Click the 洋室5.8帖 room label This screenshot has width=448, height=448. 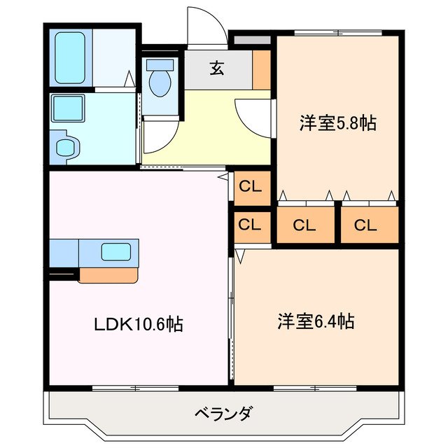point(337,123)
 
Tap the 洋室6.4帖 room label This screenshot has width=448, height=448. point(315,322)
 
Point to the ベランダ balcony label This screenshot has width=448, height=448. point(223,413)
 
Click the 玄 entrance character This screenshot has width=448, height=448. point(218,69)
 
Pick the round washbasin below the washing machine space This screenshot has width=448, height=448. point(66,148)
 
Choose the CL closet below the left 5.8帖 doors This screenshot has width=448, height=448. point(304,225)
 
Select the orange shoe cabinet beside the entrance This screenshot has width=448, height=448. point(262,69)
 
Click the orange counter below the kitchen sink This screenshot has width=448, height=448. point(108,274)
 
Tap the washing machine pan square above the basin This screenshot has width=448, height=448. point(68,109)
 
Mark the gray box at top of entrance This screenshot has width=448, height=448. point(251,40)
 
